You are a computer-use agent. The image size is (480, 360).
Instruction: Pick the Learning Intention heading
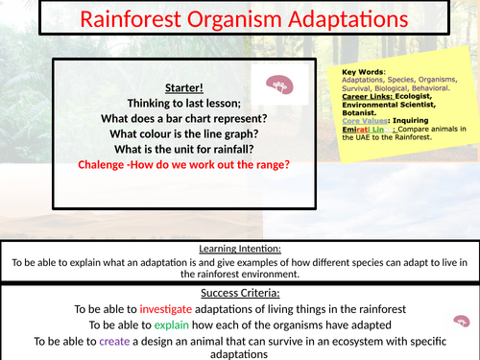point(239,247)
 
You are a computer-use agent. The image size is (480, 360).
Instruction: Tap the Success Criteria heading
point(239,291)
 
